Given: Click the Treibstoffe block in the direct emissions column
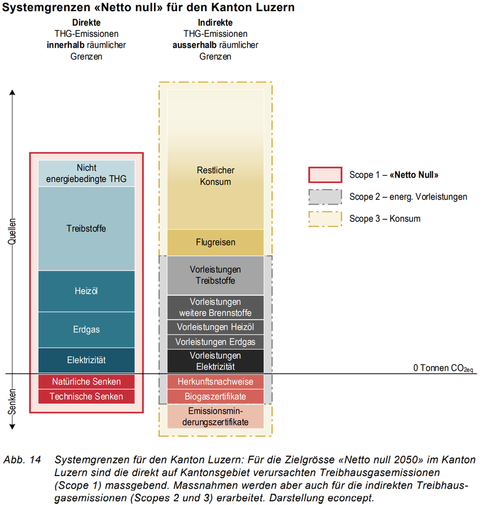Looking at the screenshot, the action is click(86, 228).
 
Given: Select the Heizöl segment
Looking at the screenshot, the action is click(86, 291).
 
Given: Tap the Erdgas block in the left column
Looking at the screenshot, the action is click(86, 329).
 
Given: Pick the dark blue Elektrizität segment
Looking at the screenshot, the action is click(86, 360).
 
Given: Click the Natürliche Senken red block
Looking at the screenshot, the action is click(86, 382).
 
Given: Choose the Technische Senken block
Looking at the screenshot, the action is click(86, 397).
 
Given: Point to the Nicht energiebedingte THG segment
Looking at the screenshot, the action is click(86, 173).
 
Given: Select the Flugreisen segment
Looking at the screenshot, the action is click(215, 243).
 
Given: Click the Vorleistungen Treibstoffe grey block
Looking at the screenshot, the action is click(215, 275).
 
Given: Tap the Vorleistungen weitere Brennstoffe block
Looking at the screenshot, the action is click(215, 308).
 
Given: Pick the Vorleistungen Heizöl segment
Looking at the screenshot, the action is click(215, 327).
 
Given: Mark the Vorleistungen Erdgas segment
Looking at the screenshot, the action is click(215, 342).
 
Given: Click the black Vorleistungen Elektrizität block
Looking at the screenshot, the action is click(215, 361).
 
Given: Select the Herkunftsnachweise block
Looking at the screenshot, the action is click(215, 382).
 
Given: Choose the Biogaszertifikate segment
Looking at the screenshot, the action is click(215, 397).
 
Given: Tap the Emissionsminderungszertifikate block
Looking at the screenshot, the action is click(215, 417).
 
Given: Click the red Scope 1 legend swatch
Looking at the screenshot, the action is click(325, 175).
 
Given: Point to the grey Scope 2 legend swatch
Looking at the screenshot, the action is click(325, 197).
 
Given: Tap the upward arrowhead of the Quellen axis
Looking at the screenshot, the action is click(12, 93).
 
